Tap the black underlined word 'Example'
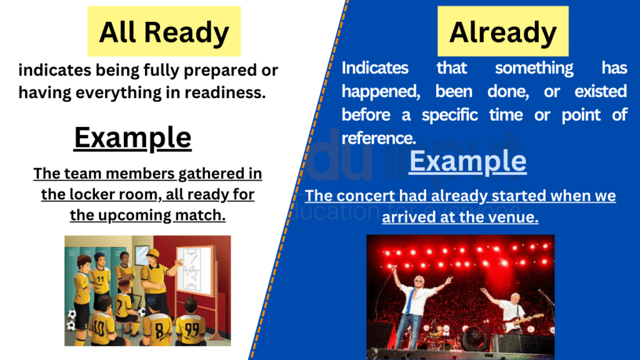pyautogui.click(x=132, y=137)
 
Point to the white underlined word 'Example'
pyautogui.click(x=467, y=161)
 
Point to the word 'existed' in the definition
pyautogui.click(x=601, y=91)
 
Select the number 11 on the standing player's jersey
pyautogui.click(x=100, y=273)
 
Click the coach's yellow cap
pyautogui.click(x=151, y=252)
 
